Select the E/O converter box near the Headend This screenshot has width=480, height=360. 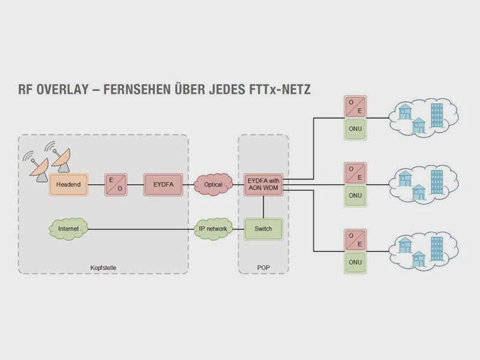point(114,184)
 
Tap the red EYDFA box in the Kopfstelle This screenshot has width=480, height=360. point(159,184)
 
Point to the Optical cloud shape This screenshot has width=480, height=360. point(213,184)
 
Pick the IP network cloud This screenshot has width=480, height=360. point(213,229)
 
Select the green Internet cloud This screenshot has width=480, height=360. point(68,229)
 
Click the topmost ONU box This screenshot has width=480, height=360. point(355,129)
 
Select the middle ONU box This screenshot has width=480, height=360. point(355,195)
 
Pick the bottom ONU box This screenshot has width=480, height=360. point(355,262)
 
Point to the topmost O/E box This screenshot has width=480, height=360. point(355,107)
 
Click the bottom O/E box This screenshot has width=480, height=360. point(355,239)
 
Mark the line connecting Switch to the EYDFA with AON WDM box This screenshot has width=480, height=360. point(263,206)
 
